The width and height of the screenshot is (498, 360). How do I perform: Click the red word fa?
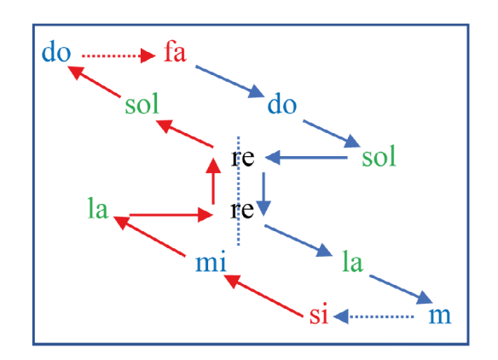point(175,52)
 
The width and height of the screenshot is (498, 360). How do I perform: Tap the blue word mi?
point(211,261)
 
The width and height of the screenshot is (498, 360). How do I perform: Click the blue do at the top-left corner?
point(56,52)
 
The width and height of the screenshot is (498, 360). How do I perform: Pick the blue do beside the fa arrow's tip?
point(282,104)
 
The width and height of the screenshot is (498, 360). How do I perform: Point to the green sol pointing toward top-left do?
point(142,104)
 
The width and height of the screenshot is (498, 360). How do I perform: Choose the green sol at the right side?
point(379,156)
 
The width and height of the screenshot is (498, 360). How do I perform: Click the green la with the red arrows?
point(98,208)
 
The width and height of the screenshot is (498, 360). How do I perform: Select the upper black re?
point(243,157)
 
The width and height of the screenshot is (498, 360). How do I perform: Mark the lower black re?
point(242,210)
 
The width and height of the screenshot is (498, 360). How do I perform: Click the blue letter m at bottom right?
point(440,316)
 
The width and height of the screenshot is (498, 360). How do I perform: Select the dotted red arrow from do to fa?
point(119,56)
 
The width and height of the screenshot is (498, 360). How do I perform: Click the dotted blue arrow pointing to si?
point(373,316)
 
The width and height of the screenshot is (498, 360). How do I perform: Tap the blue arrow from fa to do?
point(229,81)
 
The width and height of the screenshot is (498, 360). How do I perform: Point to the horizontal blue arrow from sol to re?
point(306,157)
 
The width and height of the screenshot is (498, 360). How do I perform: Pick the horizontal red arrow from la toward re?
point(171,215)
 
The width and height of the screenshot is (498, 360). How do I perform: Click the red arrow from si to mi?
point(263,295)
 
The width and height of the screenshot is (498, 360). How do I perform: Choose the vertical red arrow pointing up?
point(213,181)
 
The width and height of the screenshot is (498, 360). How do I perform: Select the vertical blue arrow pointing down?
point(263,195)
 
